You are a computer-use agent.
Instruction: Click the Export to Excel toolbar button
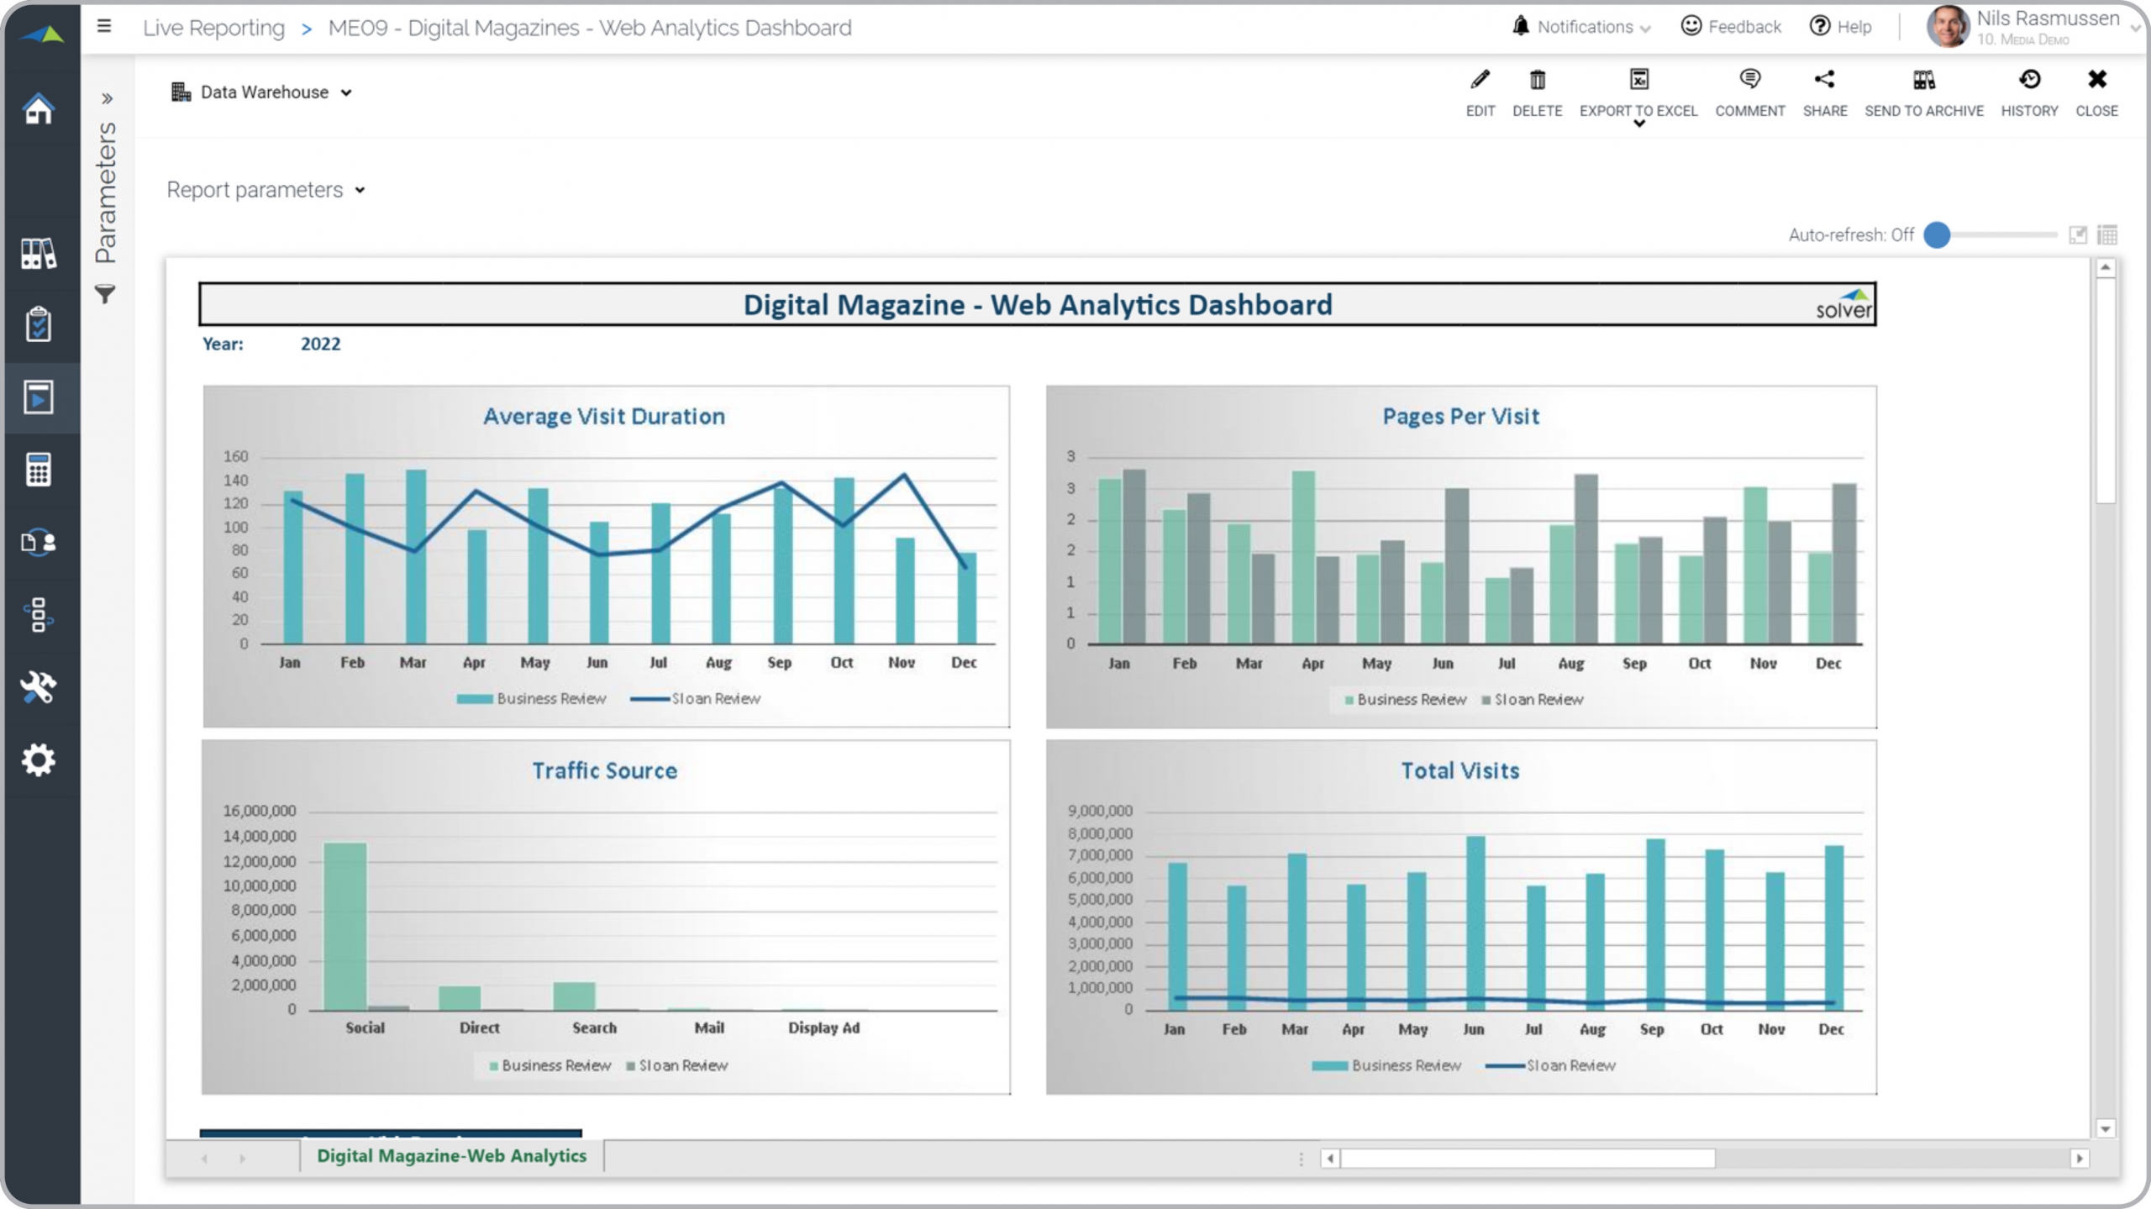click(1638, 92)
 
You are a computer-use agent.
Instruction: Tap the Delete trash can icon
click(1537, 92)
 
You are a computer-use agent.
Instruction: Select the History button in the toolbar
click(2029, 92)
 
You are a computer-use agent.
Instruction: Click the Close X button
click(2096, 92)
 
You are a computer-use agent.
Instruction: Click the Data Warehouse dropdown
click(262, 92)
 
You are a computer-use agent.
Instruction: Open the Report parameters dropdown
click(266, 190)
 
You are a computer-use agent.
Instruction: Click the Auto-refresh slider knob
click(1937, 235)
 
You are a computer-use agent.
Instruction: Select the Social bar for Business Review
click(344, 926)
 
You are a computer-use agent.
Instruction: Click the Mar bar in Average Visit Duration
click(416, 557)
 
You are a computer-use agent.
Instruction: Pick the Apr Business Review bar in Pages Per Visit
click(1303, 558)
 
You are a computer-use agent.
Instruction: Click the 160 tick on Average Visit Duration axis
click(235, 457)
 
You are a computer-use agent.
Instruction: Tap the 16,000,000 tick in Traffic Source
click(259, 811)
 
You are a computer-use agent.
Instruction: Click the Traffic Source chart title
click(604, 771)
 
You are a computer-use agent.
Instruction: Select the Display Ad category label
click(823, 1028)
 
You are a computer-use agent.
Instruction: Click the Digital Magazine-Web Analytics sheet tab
click(451, 1156)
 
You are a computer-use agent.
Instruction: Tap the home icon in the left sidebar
click(39, 109)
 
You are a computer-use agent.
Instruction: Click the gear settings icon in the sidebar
click(39, 760)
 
